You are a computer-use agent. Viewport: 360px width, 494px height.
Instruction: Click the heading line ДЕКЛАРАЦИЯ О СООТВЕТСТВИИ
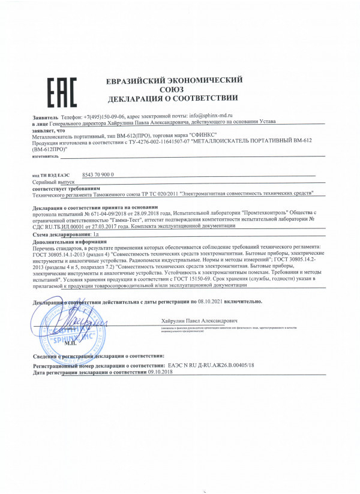point(174,98)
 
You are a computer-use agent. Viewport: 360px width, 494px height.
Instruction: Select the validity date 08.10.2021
point(214,300)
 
